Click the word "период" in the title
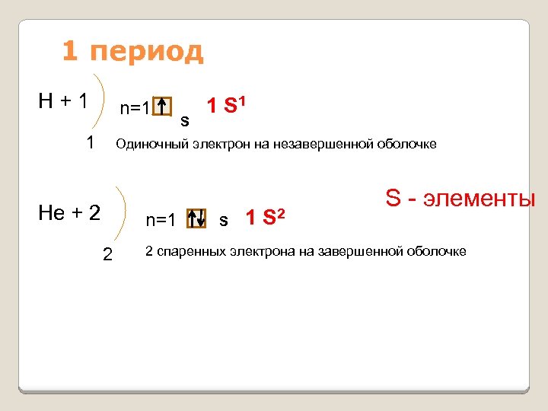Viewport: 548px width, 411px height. [146, 52]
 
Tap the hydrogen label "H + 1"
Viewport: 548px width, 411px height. [65, 100]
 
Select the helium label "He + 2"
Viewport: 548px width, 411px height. [69, 212]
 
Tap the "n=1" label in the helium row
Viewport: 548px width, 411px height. [161, 221]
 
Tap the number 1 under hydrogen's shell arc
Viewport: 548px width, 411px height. [91, 142]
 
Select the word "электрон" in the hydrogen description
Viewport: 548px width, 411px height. [221, 145]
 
